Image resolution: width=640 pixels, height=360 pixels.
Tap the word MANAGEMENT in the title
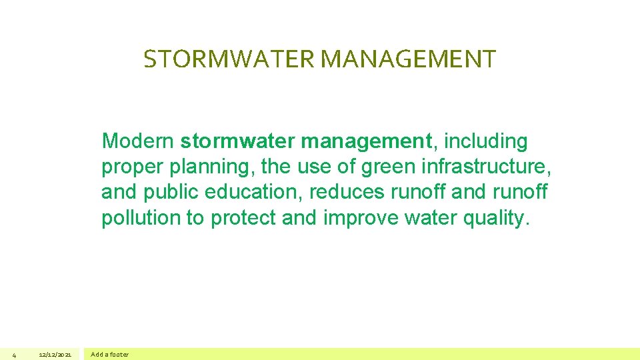[x=408, y=59]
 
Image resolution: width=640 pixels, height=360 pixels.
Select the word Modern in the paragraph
[x=138, y=141]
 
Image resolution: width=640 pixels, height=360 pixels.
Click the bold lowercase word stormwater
[x=238, y=141]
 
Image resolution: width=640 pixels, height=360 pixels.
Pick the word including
[x=485, y=142]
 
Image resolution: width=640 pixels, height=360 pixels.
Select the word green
[x=383, y=167]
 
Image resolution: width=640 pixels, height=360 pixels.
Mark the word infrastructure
[x=483, y=167]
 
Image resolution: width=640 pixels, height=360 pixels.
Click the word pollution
[x=141, y=217]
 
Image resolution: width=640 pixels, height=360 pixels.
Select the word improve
[x=361, y=218]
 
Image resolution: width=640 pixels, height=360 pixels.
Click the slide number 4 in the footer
[x=14, y=355]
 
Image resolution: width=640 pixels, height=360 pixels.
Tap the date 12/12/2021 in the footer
[x=55, y=355]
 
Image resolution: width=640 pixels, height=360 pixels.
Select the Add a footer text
[x=110, y=355]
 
